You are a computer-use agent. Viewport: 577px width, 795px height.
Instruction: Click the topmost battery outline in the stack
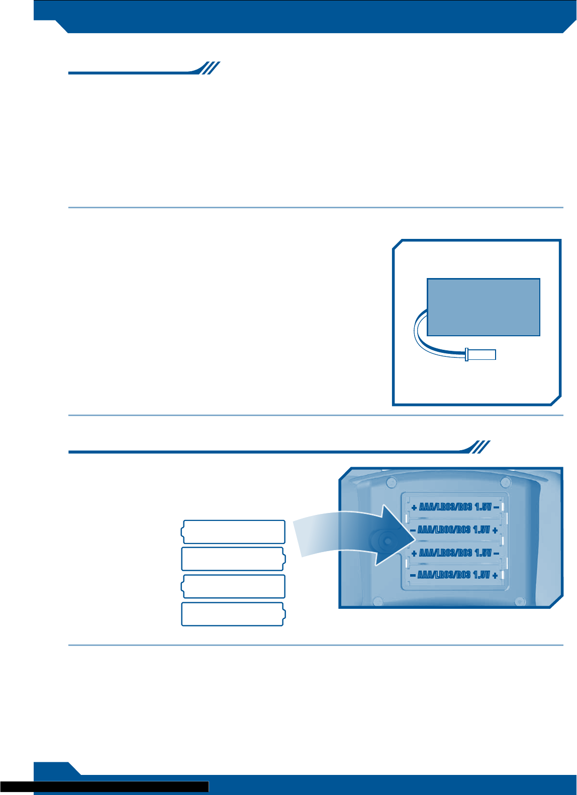tap(233, 532)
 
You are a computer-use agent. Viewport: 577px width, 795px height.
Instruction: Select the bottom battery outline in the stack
tap(233, 614)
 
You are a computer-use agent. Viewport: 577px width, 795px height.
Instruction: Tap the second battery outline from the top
tap(233, 559)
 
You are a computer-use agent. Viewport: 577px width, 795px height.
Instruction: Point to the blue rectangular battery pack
tap(483, 307)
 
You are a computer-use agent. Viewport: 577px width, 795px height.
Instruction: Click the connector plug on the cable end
tap(481, 354)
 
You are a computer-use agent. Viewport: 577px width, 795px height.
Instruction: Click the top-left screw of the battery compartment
tap(390, 483)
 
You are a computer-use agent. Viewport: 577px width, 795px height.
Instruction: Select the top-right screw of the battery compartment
tap(504, 483)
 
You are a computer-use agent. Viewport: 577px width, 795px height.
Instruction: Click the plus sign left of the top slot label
tap(414, 507)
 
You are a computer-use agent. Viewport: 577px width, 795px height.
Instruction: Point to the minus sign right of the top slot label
tap(497, 507)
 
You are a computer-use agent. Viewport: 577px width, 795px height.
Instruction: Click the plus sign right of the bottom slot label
tap(496, 575)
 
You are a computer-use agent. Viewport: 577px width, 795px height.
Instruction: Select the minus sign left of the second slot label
tap(413, 530)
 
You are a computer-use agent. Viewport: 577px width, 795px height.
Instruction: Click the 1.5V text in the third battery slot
tap(483, 553)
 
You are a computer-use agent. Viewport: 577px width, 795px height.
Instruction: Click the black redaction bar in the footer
tap(104, 786)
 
